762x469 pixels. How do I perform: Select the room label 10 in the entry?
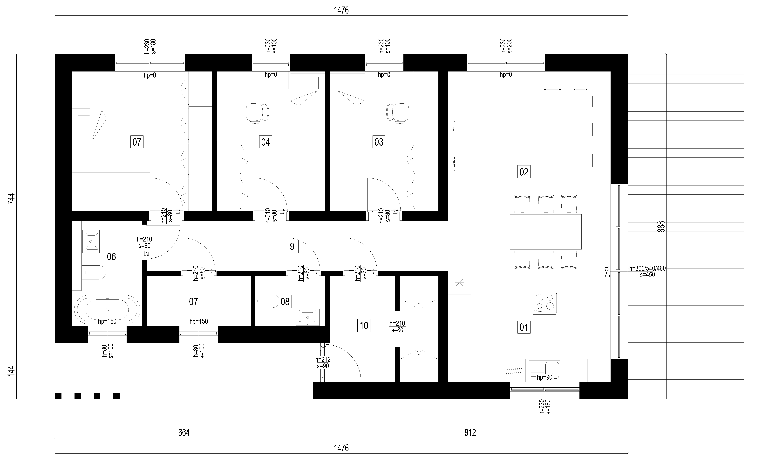pos(364,326)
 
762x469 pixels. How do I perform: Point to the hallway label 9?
pos(292,247)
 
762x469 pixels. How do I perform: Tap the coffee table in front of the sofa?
pos(540,146)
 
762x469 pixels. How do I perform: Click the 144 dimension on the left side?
pos(11,371)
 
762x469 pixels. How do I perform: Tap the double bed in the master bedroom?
pos(111,141)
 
